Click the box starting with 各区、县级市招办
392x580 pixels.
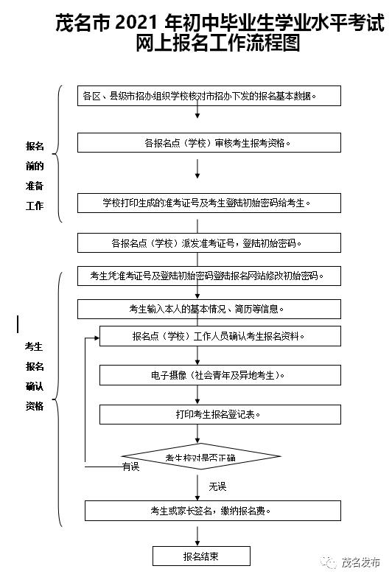209,96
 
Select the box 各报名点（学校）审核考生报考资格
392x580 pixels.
209,142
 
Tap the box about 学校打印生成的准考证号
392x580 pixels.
209,203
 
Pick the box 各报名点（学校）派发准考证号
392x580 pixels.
209,242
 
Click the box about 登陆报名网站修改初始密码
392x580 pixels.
209,276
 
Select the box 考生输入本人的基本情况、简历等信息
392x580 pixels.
209,309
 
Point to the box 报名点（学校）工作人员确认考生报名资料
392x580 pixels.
220,336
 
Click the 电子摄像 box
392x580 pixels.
220,375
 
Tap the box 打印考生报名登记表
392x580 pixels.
220,414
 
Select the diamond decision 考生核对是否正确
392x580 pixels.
200,457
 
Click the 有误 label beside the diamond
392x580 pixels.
131,467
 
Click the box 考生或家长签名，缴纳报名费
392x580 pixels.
209,510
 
